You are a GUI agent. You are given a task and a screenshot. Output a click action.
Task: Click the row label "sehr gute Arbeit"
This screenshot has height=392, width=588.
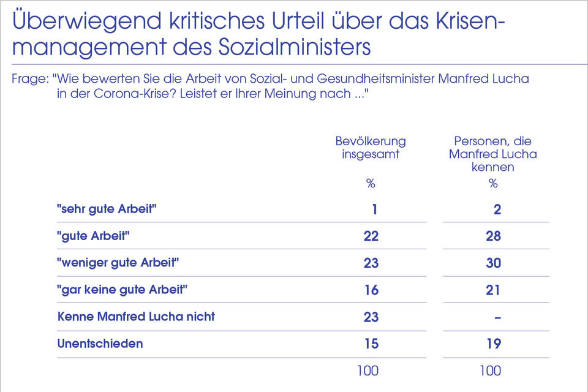coord(107,209)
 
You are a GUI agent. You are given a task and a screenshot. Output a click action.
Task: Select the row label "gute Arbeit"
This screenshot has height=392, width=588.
coord(95,236)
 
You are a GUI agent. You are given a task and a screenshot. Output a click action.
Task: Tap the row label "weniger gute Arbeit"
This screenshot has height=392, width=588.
coord(118,263)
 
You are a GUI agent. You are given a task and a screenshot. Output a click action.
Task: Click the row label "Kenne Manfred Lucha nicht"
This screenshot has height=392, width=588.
coord(136,317)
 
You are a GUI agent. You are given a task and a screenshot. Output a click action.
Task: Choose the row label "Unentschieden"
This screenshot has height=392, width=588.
coord(100,344)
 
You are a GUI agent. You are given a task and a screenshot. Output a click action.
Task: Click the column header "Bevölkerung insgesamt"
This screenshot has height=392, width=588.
coord(371,148)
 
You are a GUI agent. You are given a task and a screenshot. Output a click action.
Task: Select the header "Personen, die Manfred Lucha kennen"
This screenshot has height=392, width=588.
coord(493,154)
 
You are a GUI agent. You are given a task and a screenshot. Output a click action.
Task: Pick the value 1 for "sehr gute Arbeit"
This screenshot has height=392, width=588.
coord(374,209)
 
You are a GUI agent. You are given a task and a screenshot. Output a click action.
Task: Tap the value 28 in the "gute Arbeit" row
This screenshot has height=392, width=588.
coord(493,236)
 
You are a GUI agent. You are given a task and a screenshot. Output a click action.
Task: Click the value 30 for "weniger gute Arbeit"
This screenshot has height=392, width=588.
coord(493,263)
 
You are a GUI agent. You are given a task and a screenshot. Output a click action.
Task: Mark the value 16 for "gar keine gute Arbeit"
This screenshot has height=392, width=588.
coord(371,290)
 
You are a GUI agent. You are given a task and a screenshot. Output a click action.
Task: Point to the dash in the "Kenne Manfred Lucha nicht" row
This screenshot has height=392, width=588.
coord(497,317)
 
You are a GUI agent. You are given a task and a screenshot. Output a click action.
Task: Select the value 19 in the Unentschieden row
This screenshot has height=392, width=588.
coord(493,344)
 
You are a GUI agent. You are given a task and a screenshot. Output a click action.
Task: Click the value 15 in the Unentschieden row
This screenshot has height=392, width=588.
coord(371,344)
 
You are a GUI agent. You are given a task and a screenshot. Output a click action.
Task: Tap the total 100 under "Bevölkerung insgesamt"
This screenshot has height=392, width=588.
coord(368,370)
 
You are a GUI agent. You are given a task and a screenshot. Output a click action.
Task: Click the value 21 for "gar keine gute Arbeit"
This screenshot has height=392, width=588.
coord(493,290)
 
